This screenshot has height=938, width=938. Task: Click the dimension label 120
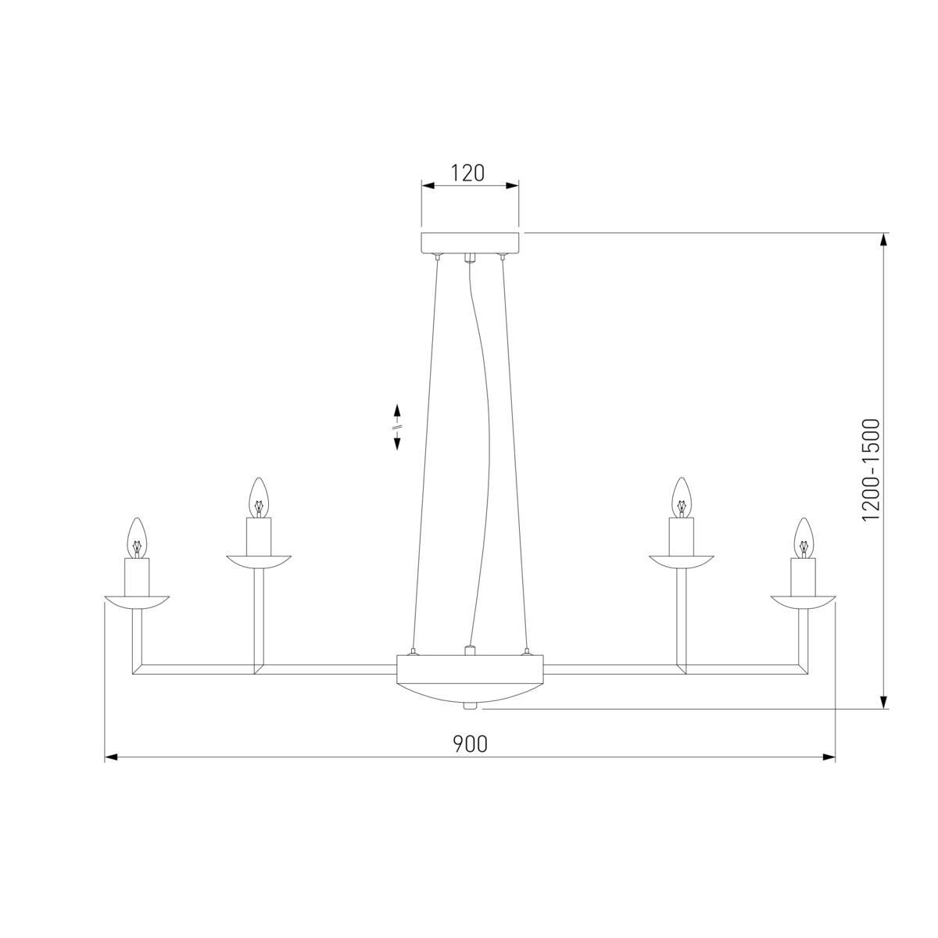tap(467, 173)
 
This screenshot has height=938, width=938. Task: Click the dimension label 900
tap(471, 743)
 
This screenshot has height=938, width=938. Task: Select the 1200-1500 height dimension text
tap(872, 470)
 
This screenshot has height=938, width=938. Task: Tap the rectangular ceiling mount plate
tap(470, 243)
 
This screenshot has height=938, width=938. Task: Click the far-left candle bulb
tap(137, 537)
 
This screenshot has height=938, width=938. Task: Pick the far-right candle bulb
tap(804, 537)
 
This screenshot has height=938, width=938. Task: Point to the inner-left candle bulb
tap(259, 497)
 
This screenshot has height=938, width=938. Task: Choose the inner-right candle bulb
tap(682, 497)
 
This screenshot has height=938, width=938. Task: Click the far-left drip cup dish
tap(137, 602)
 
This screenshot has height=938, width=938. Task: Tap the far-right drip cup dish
tap(804, 602)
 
